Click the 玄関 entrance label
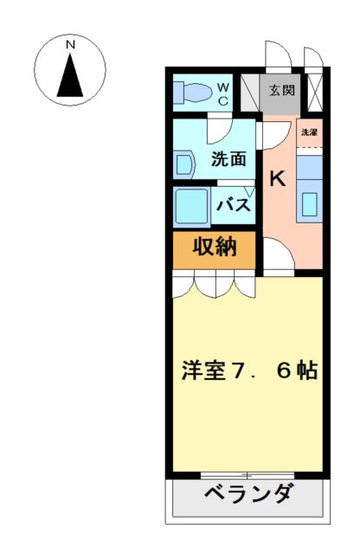point(281,90)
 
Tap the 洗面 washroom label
point(229,159)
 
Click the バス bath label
point(233,206)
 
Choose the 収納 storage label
point(214,247)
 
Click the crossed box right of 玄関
point(313,90)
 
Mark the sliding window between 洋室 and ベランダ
point(247,474)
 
